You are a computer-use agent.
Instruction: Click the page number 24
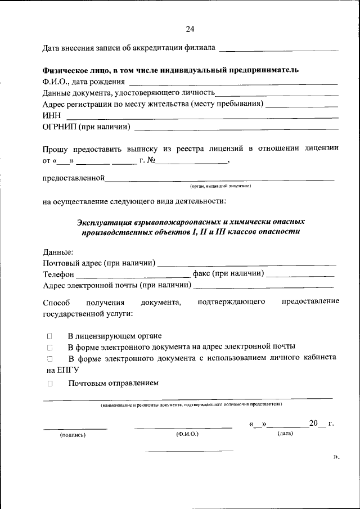pyautogui.click(x=190, y=29)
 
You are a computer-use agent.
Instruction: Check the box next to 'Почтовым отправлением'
pyautogui.click(x=49, y=384)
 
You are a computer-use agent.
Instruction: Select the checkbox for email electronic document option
pyautogui.click(x=49, y=347)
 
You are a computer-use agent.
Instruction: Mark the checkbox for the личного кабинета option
pyautogui.click(x=49, y=358)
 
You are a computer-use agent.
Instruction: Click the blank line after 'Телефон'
pyautogui.click(x=133, y=276)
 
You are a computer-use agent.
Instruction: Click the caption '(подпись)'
pyautogui.click(x=73, y=435)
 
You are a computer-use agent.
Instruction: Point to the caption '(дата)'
pyautogui.click(x=284, y=434)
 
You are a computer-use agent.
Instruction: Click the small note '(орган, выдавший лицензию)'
pyautogui.click(x=220, y=186)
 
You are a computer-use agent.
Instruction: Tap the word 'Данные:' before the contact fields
pyautogui.click(x=58, y=252)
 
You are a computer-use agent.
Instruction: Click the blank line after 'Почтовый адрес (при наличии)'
pyautogui.click(x=247, y=264)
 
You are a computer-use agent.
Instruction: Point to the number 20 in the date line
pyautogui.click(x=313, y=423)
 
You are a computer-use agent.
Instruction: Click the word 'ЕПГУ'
pyautogui.click(x=69, y=370)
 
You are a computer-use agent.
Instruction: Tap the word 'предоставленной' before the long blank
pyautogui.click(x=74, y=178)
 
